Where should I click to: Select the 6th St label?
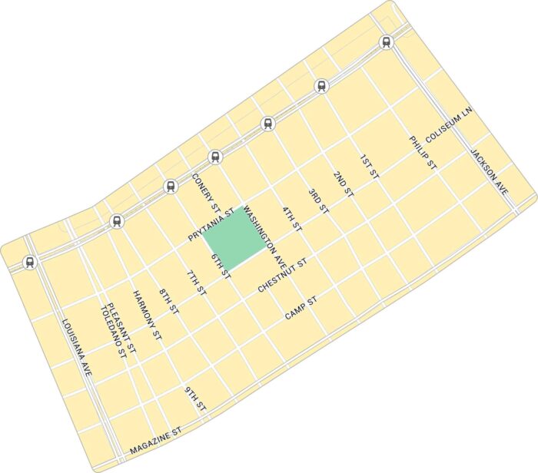(x=221, y=266)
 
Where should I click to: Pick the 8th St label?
(x=168, y=303)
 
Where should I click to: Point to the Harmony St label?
(x=147, y=316)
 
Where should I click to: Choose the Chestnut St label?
(x=282, y=275)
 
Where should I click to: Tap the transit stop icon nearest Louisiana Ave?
(x=30, y=262)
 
